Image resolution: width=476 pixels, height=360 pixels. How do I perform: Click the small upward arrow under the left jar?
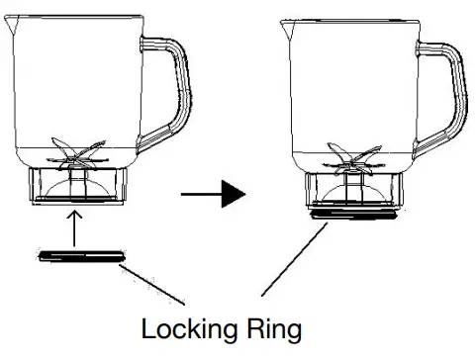click(75, 219)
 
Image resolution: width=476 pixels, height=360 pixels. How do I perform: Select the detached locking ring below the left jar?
click(81, 257)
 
